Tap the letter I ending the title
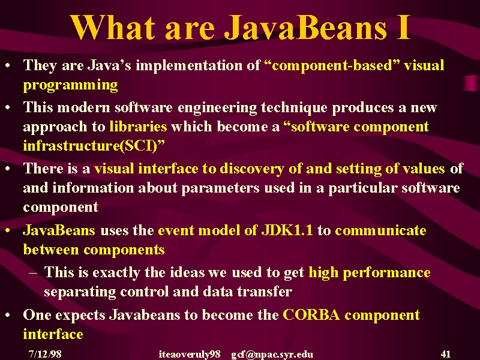coord(404,27)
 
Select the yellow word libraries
coord(138,127)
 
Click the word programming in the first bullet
coord(70,85)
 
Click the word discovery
coord(252,169)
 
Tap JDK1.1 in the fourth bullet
coord(287,230)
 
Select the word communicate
coord(380,230)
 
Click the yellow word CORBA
coord(311,314)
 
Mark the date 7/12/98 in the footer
coord(45,354)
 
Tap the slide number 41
coord(446,354)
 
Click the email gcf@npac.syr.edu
coord(272,355)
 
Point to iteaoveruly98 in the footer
coord(190,355)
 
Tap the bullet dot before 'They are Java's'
coord(8,65)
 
